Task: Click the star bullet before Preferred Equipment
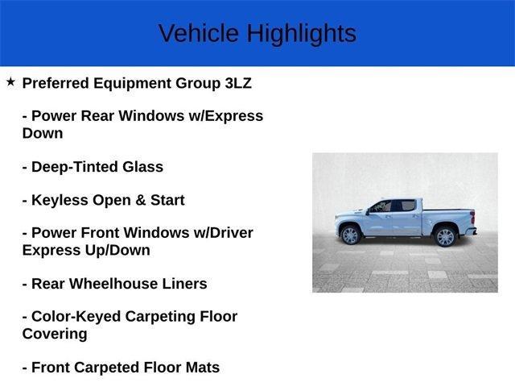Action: click(10, 81)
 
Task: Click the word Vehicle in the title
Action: click(198, 33)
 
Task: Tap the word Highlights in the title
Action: click(301, 33)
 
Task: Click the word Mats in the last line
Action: click(202, 367)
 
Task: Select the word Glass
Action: click(142, 167)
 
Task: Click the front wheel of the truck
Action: click(350, 235)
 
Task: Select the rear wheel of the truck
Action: click(445, 236)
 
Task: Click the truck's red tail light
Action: click(472, 218)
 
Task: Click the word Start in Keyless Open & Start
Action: click(164, 200)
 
